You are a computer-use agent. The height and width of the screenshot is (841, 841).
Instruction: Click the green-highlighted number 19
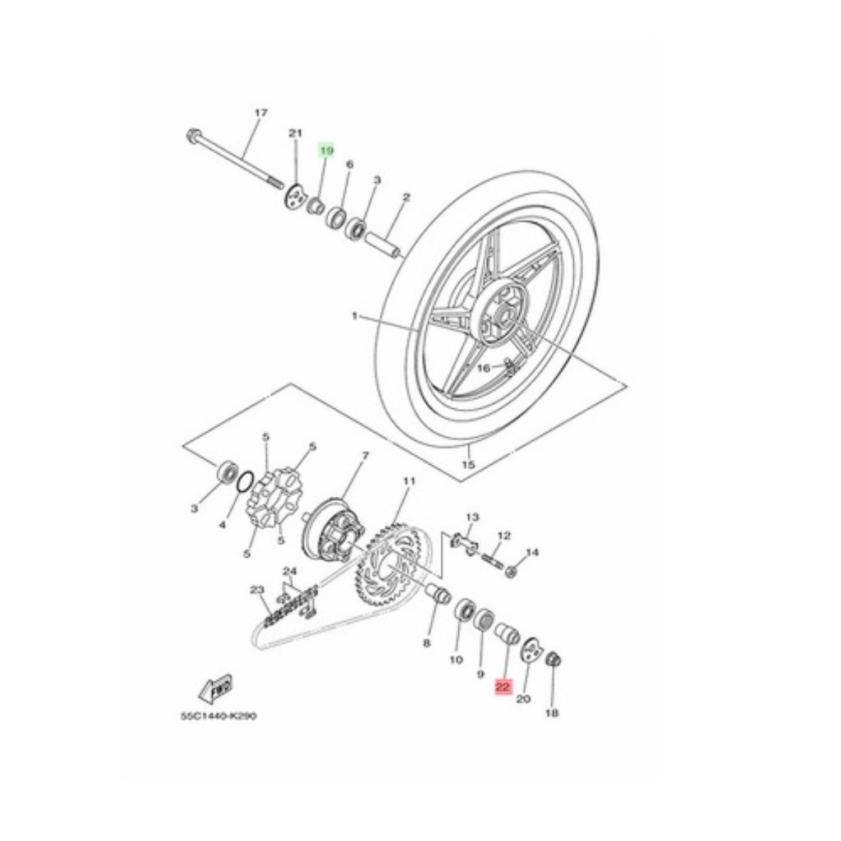pos(327,150)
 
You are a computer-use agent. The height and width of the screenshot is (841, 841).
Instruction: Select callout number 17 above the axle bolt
pos(261,113)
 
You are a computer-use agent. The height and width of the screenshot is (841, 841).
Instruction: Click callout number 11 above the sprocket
pos(408,481)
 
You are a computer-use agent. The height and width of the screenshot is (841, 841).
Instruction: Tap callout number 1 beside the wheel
pos(356,316)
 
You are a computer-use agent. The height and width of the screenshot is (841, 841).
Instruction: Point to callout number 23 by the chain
pos(255,589)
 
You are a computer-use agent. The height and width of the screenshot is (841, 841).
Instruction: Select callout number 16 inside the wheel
pos(484,368)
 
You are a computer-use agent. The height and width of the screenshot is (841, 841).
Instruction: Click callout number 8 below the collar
pos(426,643)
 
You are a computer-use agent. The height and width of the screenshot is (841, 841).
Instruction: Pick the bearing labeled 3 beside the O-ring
pos(226,474)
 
